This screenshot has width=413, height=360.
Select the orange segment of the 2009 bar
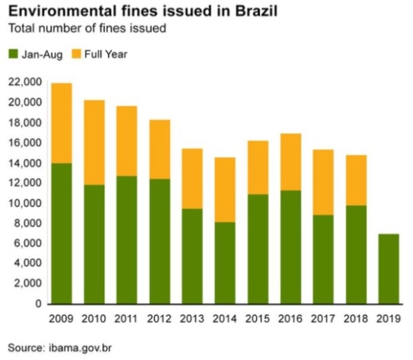click(60, 123)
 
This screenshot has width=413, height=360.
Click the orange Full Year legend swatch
click(73, 53)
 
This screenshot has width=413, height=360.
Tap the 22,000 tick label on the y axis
click(25, 82)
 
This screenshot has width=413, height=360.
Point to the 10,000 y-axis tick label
click(25, 203)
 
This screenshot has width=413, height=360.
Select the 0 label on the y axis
click(39, 304)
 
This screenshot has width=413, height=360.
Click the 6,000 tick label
click(28, 243)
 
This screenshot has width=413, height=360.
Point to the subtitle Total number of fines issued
click(86, 29)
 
